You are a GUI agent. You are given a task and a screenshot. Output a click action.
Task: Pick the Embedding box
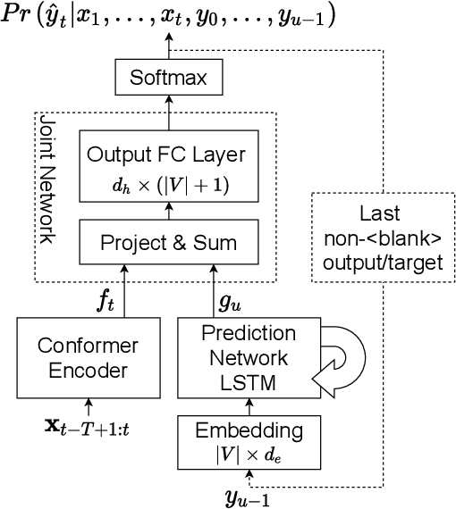click(x=249, y=441)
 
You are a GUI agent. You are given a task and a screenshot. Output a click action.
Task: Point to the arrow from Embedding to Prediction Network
click(x=249, y=407)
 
